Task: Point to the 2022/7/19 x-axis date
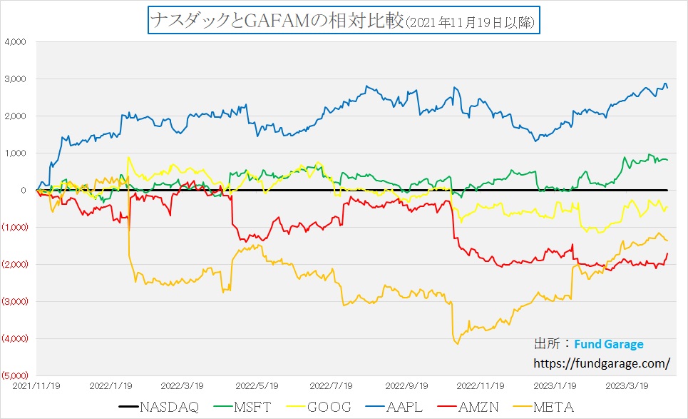pos(332,385)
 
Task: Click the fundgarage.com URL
pos(602,363)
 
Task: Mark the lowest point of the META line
pos(457,344)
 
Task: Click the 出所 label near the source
pos(545,344)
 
